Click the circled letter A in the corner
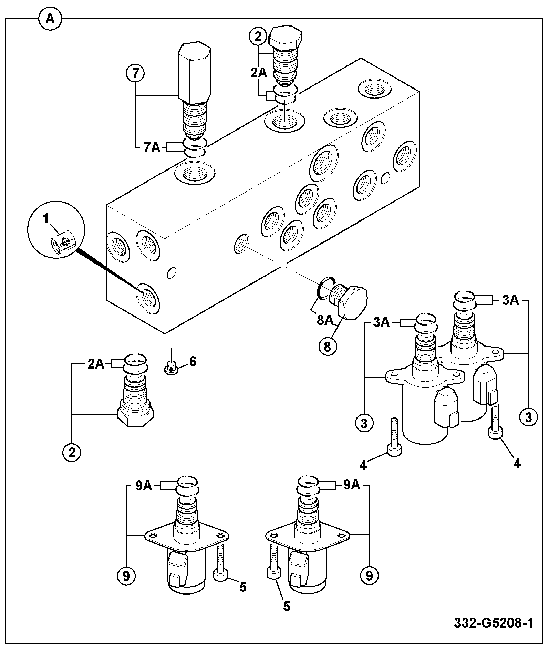pyautogui.click(x=50, y=19)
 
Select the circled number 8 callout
pyautogui.click(x=327, y=347)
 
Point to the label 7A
pyautogui.click(x=152, y=148)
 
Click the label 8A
pyautogui.click(x=325, y=320)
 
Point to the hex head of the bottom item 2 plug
pyautogui.click(x=136, y=413)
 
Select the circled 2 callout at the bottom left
pyautogui.click(x=72, y=453)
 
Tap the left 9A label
pyautogui.click(x=144, y=486)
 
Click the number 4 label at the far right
pyautogui.click(x=517, y=463)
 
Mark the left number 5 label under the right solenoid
pyautogui.click(x=287, y=606)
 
